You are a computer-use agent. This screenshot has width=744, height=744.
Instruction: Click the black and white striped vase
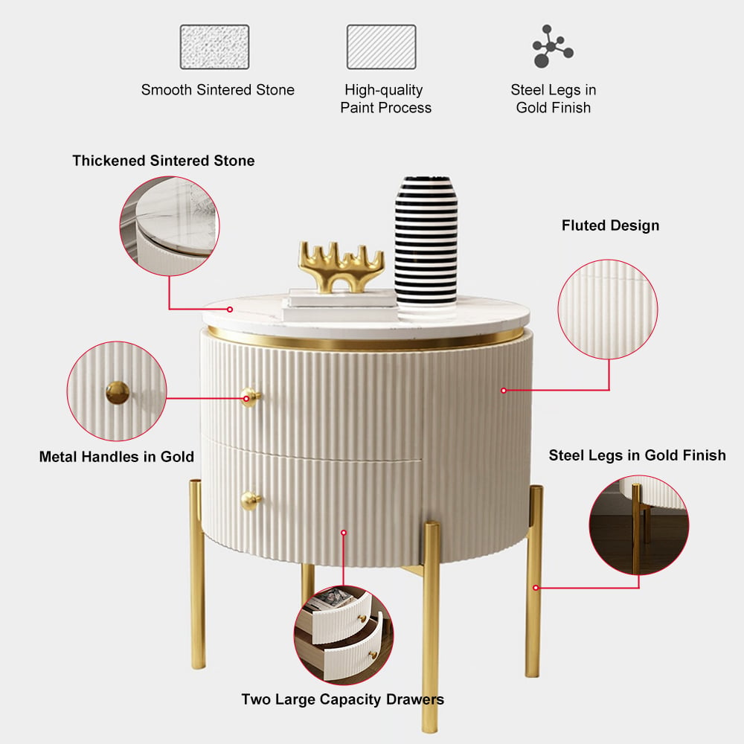pos(426,242)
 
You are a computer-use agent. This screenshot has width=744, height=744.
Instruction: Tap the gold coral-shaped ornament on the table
pos(340,266)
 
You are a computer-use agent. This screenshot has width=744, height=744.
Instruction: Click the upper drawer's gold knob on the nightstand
pos(250,397)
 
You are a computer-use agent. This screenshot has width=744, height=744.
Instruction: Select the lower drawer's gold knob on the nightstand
pos(251,500)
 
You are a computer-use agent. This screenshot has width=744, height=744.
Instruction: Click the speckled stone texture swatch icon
pos(214,47)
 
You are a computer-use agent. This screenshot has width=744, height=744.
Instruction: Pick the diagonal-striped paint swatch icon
pos(382,47)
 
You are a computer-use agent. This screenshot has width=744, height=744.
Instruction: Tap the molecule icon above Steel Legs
pos(552,46)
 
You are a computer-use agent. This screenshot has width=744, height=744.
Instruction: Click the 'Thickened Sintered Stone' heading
pos(163,161)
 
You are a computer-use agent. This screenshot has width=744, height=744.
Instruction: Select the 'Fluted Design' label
pos(610,225)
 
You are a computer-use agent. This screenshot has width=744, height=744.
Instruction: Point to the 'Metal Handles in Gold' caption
pos(117,457)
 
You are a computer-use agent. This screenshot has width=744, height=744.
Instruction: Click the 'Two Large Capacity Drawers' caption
pos(342,699)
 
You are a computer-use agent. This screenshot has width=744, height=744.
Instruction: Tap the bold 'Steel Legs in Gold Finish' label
pos(638,455)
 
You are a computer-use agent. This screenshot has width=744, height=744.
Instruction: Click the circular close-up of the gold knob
pos(117,391)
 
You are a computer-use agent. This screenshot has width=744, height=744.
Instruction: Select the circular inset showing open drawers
pos(344,635)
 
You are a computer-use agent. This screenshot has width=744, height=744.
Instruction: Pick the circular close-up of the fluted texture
pos(608,310)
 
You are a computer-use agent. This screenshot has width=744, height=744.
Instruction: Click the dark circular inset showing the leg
pos(638,525)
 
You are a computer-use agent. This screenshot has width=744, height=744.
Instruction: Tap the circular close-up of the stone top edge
pos(170,226)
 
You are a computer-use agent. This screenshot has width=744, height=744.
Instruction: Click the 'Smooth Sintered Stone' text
pos(218,90)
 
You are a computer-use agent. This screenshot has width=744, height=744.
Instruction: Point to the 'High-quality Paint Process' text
pos(385,99)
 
